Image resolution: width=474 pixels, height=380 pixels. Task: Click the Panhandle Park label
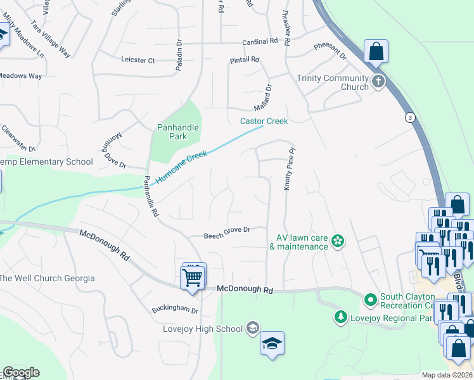[x=178, y=132]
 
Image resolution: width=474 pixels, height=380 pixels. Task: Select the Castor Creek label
[x=264, y=121]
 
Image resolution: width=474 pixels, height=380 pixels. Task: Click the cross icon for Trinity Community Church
[x=378, y=81]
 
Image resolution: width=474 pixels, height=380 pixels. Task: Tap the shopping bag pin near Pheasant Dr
[x=376, y=52]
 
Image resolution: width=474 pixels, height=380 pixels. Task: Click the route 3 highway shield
[x=411, y=117]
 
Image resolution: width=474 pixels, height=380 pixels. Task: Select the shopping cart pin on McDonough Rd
[x=193, y=276]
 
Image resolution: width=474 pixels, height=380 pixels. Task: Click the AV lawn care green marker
[x=338, y=241]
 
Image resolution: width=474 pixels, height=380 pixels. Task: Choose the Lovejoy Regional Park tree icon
[x=341, y=315]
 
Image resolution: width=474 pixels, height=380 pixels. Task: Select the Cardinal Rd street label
[x=260, y=41]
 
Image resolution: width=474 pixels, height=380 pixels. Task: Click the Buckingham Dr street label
[x=175, y=311]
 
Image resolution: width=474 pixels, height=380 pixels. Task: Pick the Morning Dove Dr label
[x=115, y=152]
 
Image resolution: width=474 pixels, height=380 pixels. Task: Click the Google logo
[x=21, y=372]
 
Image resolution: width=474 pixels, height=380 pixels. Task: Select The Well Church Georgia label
[x=48, y=278]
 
